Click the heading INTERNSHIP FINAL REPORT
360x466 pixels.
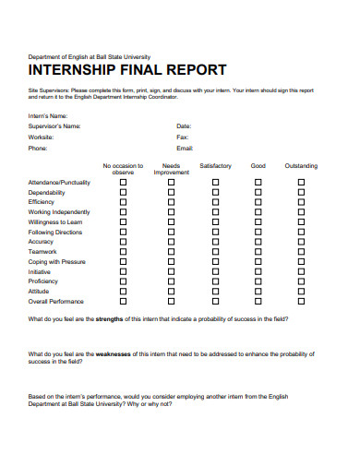(126, 70)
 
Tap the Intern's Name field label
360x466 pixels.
(48, 115)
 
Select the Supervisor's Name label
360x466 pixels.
(54, 125)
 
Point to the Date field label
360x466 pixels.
(184, 125)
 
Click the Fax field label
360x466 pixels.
(182, 137)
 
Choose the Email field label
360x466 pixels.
(185, 148)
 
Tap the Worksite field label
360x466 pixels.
(42, 137)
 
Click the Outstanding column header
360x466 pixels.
(301, 166)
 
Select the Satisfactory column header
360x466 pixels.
(215, 166)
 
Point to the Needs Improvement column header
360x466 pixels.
(171, 169)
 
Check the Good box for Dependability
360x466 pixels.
(258, 192)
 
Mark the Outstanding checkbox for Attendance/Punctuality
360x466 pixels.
(301, 183)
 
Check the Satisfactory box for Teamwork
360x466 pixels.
(215, 252)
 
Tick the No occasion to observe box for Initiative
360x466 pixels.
(123, 271)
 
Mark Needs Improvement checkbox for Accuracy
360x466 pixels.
(171, 242)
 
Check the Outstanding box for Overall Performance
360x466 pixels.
(301, 302)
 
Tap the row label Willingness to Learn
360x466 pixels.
(55, 222)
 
